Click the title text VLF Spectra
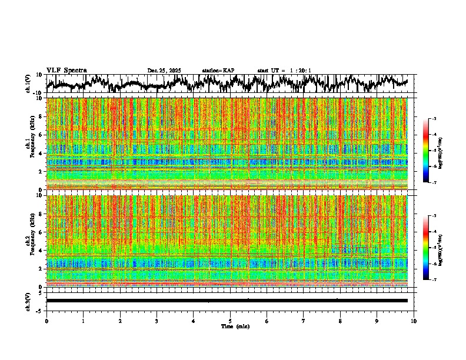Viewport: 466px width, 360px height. [x=66, y=70]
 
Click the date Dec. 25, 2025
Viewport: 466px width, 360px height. [x=164, y=71]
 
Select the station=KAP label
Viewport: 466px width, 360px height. [x=218, y=71]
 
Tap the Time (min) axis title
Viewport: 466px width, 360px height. [x=235, y=326]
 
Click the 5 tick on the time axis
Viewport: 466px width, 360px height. [x=230, y=321]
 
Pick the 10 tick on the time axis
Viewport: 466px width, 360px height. [x=414, y=321]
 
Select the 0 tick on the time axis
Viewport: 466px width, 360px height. [x=46, y=321]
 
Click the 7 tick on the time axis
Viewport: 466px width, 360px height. [x=304, y=321]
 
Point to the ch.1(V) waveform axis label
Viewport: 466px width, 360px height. [x=29, y=84]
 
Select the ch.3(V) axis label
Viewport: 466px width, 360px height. [x=29, y=301]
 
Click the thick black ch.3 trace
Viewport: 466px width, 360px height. [x=229, y=301]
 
